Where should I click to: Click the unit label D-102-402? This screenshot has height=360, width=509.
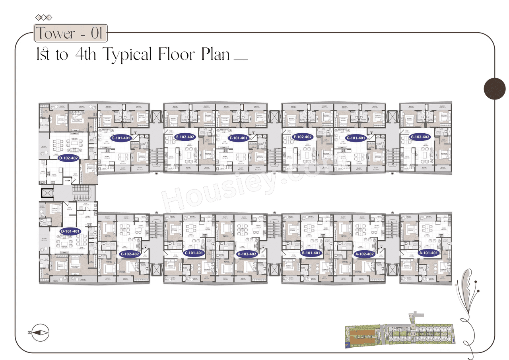[x=68, y=158]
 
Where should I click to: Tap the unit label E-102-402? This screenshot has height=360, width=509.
[x=185, y=136]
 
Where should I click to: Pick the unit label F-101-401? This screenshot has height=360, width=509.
[x=238, y=138]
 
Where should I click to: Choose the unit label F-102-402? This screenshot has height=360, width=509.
[x=303, y=136]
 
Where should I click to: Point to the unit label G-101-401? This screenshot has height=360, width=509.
[x=356, y=138]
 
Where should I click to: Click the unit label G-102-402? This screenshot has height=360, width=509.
[x=420, y=136]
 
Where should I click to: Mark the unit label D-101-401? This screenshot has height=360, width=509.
[x=70, y=231]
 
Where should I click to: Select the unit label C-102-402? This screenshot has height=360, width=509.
[x=130, y=254]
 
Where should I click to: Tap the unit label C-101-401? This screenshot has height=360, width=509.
[x=194, y=253]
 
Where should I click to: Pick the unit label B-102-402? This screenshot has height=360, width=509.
[x=247, y=254]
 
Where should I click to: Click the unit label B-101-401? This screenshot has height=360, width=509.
[x=311, y=253]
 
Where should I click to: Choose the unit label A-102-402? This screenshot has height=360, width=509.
[x=365, y=254]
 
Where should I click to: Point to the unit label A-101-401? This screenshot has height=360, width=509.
[x=429, y=253]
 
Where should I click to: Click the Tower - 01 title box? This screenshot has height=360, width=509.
[x=71, y=33]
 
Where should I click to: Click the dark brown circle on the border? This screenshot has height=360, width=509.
[x=494, y=88]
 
